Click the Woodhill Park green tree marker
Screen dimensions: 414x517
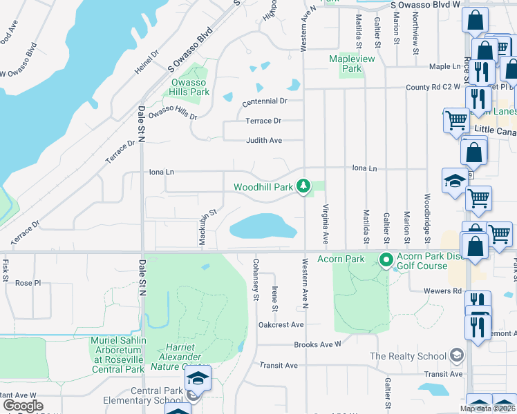point(303,186)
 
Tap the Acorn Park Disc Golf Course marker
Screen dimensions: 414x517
point(385,261)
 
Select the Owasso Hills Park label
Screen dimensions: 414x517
point(190,88)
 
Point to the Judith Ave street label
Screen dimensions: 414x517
point(265,140)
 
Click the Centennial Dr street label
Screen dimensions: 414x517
point(264,101)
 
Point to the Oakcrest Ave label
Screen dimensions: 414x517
point(281,324)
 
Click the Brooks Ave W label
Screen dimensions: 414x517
point(318,344)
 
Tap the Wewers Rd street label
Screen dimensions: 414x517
point(447,291)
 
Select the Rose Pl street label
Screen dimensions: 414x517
point(28,283)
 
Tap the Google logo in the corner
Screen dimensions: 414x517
point(23,406)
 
